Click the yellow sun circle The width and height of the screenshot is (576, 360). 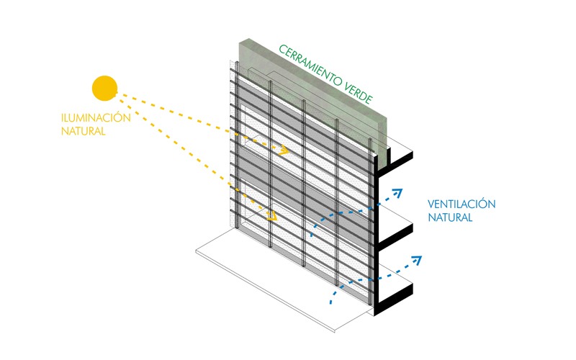click(104, 88)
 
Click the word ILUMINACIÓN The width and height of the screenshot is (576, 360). click(96, 117)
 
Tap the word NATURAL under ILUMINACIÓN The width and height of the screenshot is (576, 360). click(84, 131)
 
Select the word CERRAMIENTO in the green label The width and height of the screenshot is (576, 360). click(312, 70)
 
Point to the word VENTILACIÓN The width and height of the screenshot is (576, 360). click(462, 204)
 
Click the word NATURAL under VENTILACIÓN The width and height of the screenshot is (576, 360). click(450, 217)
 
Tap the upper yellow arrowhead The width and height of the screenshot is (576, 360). click(285, 151)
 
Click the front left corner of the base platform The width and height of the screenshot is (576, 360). click(198, 251)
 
